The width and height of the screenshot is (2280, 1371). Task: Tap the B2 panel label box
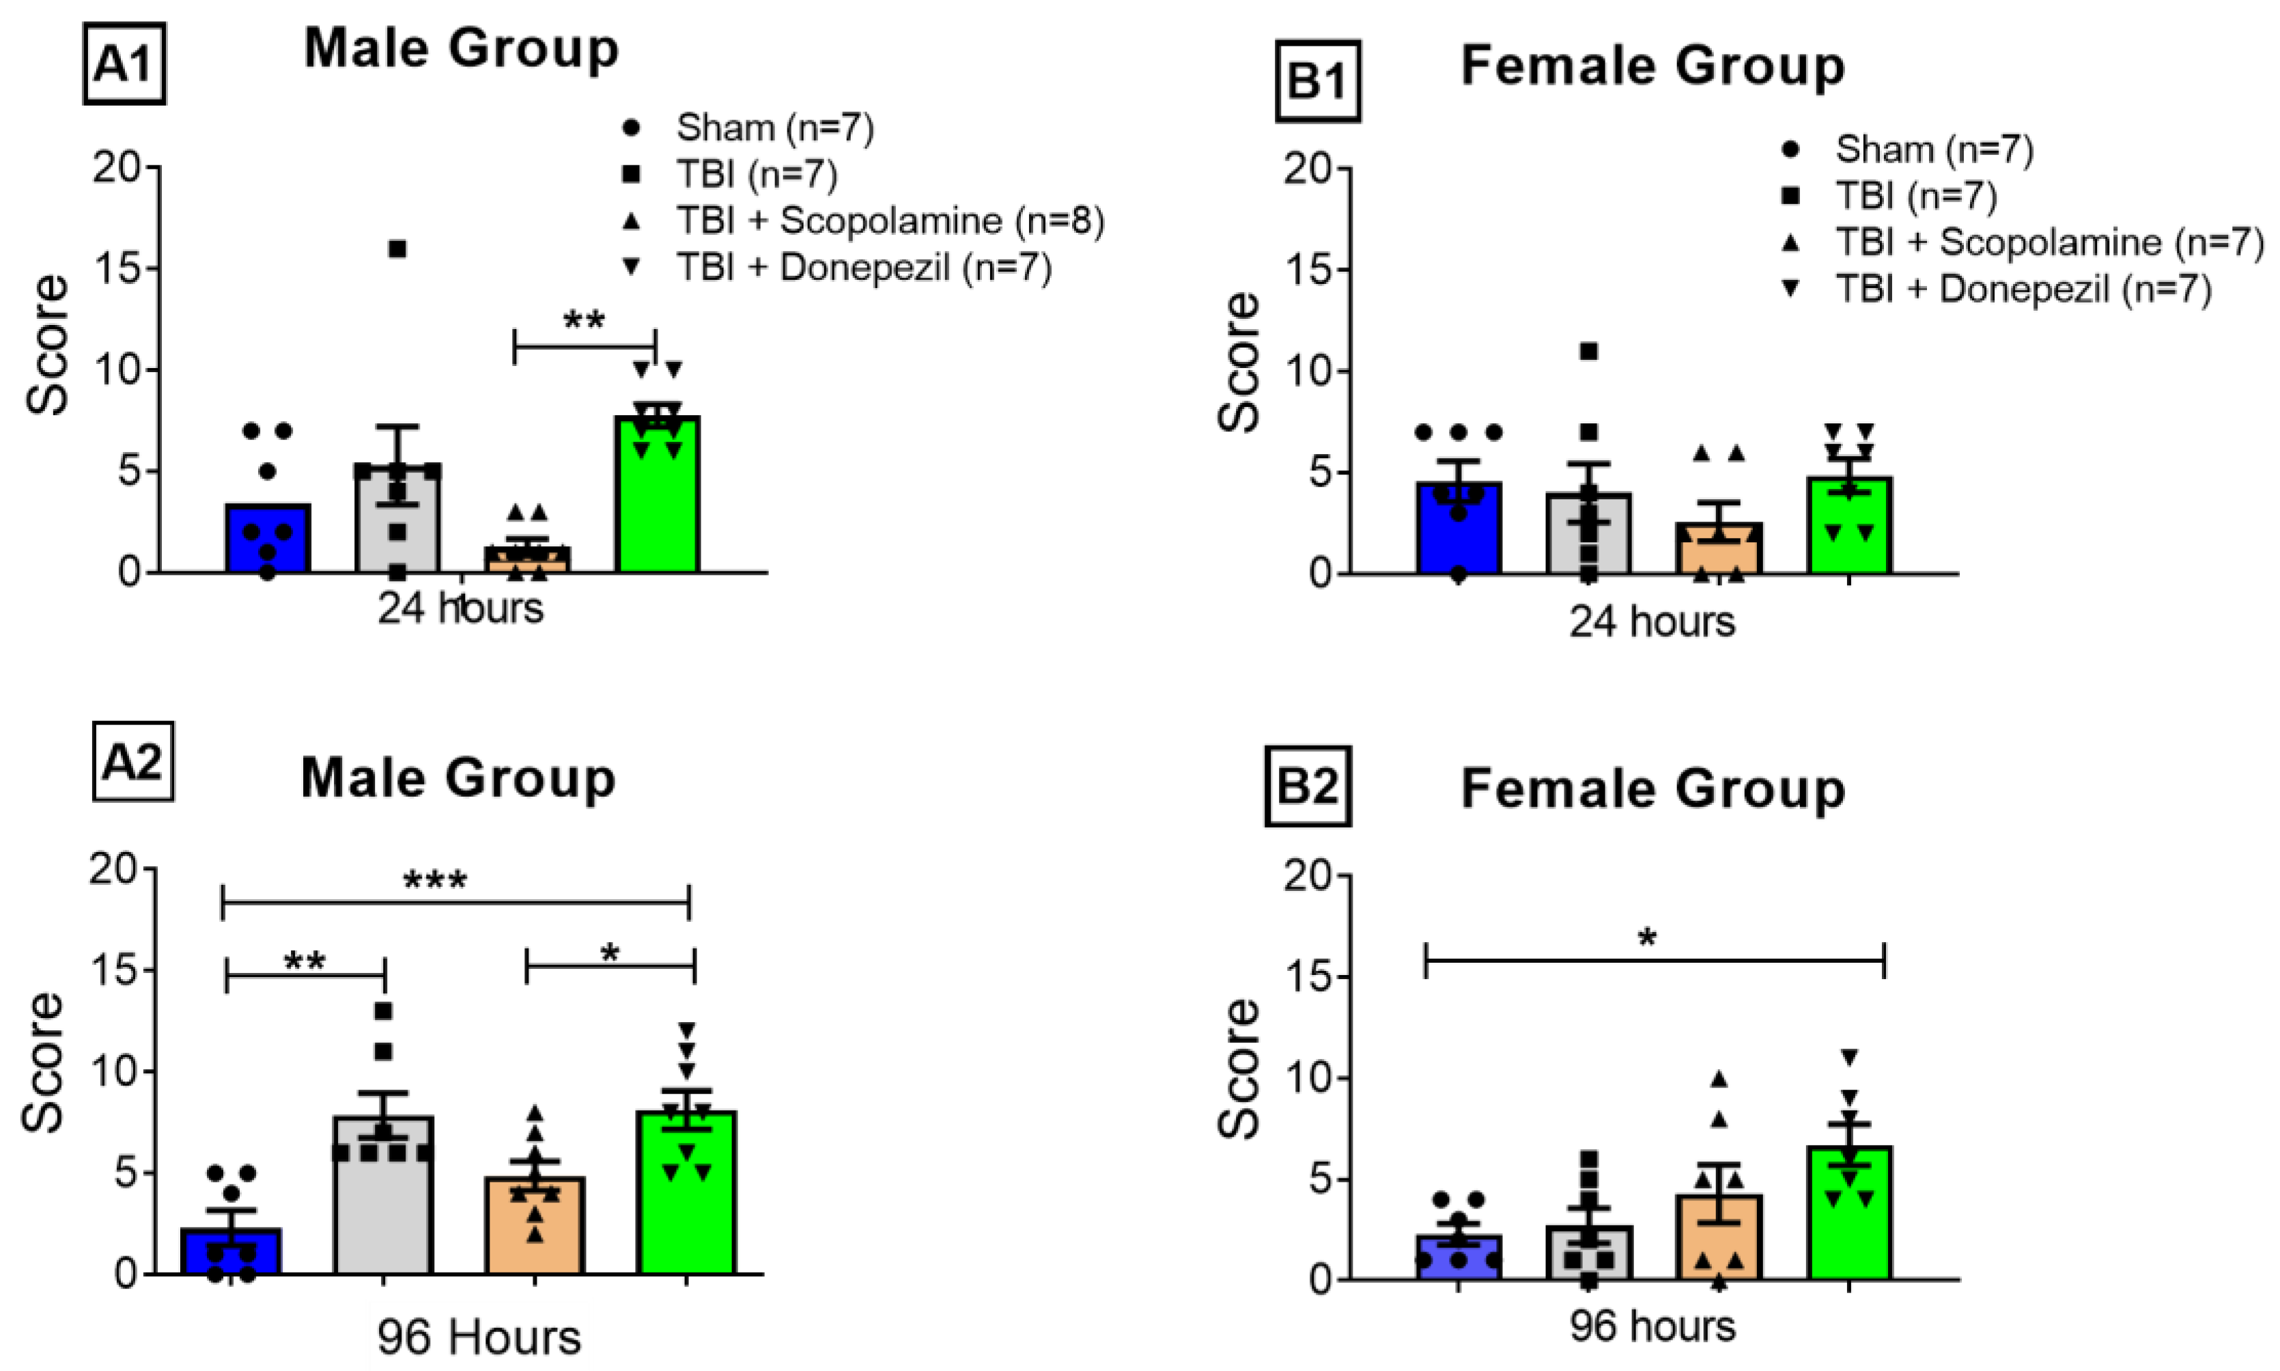coord(1306,786)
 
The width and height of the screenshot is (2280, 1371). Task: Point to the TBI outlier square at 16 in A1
coord(397,249)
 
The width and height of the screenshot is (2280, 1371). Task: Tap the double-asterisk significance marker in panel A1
coord(584,322)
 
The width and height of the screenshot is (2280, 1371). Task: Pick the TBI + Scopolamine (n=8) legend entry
coord(889,221)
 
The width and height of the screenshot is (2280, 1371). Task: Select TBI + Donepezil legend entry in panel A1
coord(863,268)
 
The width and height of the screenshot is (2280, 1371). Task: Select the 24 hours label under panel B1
coord(1651,622)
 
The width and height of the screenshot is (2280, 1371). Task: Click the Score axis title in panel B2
coord(1239,1069)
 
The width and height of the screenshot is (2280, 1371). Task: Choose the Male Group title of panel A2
coord(458,778)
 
